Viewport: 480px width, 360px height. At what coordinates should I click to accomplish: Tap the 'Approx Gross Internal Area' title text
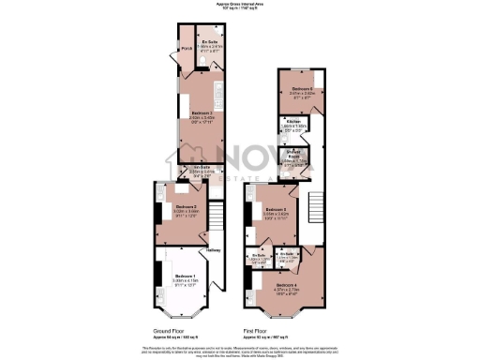(240, 4)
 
